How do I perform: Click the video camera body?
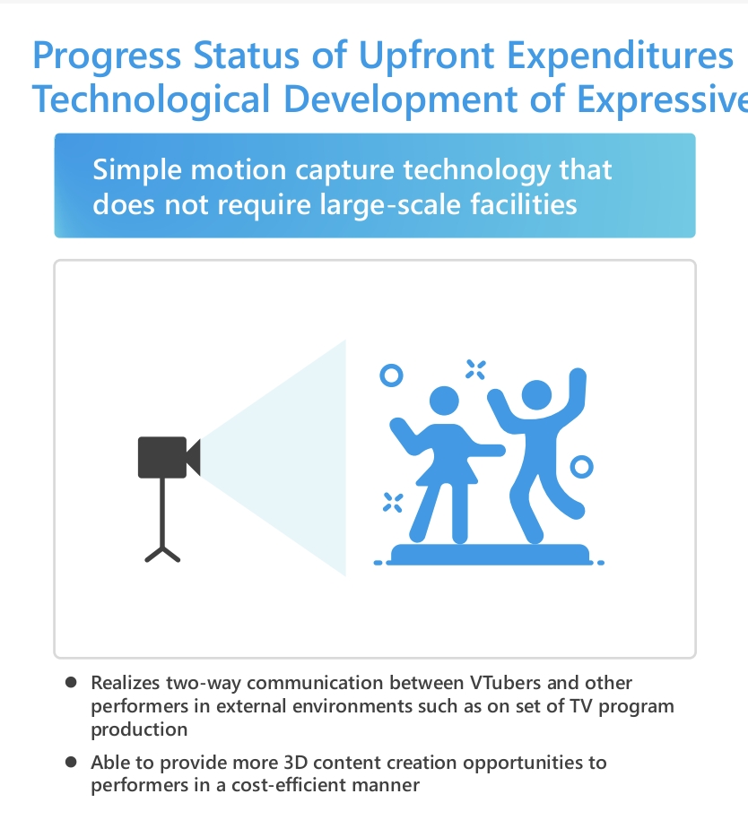[x=162, y=457]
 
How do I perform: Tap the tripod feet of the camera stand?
[x=162, y=554]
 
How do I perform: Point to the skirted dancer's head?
[x=444, y=401]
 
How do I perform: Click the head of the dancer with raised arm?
[x=536, y=395]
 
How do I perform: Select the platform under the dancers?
[x=490, y=554]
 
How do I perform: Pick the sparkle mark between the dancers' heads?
[x=475, y=369]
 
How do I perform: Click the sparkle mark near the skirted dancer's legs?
[x=393, y=503]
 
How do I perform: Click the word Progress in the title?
[x=107, y=56]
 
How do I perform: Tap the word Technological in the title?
[x=152, y=100]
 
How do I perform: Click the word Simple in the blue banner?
[x=137, y=171]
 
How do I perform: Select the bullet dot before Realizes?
[x=71, y=682]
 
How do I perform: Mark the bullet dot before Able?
[x=71, y=762]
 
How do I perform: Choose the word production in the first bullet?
[x=139, y=729]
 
